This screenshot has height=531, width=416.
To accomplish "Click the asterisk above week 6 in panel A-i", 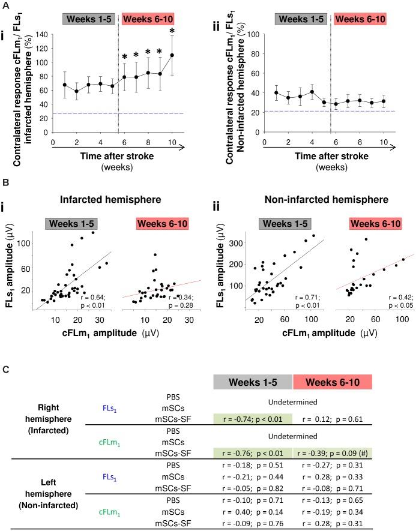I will [125, 58].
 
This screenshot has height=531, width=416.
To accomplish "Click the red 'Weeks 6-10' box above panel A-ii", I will [359, 19].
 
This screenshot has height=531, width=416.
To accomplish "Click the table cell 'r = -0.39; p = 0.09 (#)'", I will [331, 452].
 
